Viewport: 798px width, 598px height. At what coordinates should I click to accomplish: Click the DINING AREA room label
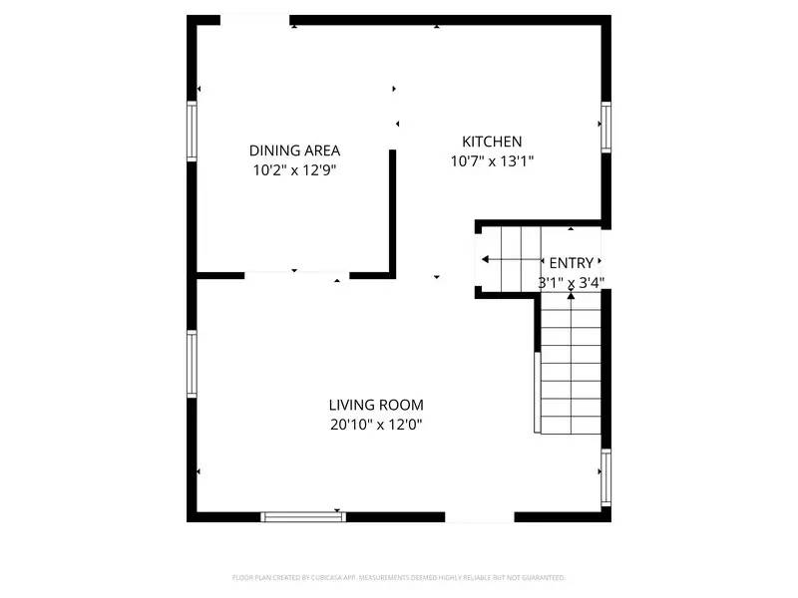pos(294,150)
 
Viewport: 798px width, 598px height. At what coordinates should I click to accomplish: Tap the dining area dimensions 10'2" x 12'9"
pos(294,170)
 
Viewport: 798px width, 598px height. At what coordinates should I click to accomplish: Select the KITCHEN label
pos(492,142)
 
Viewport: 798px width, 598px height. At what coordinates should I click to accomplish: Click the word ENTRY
pos(572,263)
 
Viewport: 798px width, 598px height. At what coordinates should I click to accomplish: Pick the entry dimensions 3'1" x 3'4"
pos(572,282)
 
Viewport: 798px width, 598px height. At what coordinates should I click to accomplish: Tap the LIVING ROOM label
pos(376,405)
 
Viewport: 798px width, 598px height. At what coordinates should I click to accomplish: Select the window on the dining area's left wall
pos(193,131)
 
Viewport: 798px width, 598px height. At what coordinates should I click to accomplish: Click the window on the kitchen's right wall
pos(605,128)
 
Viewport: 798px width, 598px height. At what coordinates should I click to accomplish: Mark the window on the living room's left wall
pos(193,364)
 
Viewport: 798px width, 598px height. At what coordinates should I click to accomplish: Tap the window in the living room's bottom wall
pos(303,516)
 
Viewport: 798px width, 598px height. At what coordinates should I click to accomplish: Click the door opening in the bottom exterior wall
pos(479,516)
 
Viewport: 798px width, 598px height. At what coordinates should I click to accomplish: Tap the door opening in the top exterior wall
pos(254,20)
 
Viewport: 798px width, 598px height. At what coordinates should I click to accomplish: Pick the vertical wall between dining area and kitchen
pos(393,212)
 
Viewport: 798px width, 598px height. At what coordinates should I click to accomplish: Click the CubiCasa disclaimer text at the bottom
pos(399,577)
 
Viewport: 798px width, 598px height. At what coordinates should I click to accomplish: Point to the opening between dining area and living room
pos(296,275)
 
